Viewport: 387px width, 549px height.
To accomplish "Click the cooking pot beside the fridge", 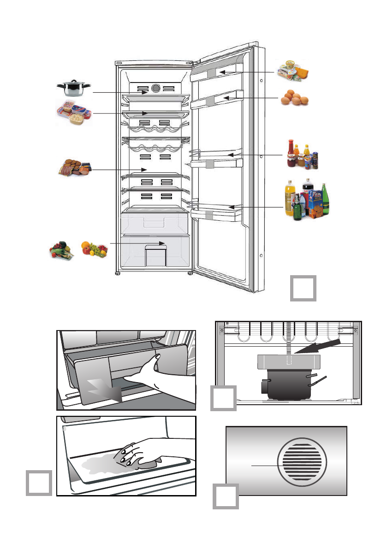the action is coord(73,88).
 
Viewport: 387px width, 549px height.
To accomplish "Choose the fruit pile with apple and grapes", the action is coord(94,249).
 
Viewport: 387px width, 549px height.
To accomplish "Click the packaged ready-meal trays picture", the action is coord(73,112).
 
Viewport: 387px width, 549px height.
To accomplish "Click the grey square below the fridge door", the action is coord(304,288).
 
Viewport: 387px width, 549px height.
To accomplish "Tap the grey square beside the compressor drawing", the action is coord(224,398).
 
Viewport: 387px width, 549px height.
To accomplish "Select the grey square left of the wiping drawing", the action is coord(39,483).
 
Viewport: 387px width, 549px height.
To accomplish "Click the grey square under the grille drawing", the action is coord(226,496).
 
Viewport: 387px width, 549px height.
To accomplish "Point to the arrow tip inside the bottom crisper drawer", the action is coord(166,243).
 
